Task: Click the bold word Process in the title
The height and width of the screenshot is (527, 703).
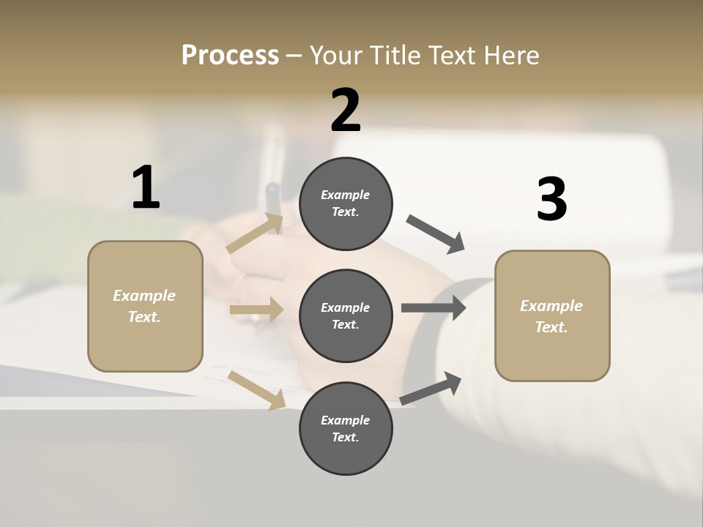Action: pos(230,56)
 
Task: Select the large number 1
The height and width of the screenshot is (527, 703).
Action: pos(146,188)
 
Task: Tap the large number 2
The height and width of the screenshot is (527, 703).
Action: pos(346,111)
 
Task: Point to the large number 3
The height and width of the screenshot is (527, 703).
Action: pos(551,200)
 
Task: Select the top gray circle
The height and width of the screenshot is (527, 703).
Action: pos(346,203)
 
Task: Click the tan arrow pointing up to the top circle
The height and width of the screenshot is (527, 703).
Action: pos(255,233)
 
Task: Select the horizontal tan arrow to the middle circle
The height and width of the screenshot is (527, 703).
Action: pos(256,310)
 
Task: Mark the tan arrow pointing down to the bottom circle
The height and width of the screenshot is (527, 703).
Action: pos(256,390)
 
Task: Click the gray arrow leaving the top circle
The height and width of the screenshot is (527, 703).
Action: pos(435,234)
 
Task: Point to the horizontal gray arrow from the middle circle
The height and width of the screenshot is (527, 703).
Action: pos(433,308)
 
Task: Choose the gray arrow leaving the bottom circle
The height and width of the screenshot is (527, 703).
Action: pos(431,389)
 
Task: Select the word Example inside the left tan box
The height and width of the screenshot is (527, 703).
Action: pos(144,296)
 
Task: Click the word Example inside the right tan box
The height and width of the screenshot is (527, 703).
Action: pos(551,306)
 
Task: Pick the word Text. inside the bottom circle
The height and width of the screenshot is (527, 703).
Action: pos(346,437)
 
